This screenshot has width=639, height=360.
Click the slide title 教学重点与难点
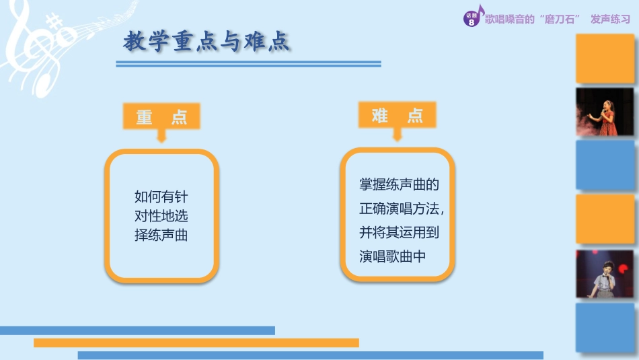pos(206,42)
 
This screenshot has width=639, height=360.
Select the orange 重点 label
pos(161,117)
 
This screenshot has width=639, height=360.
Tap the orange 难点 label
pos(397,115)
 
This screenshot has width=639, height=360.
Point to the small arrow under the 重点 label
pos(161,136)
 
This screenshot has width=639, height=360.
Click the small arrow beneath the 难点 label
pos(397,135)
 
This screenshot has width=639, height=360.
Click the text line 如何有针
pos(161,197)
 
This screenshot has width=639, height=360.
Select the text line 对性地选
pos(161,217)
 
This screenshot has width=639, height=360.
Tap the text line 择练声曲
pos(161,236)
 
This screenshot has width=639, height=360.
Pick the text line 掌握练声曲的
pos(399,184)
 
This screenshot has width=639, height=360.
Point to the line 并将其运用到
pos(399,233)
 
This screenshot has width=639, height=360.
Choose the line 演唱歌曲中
pos(393,256)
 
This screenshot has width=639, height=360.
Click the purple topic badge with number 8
pos(472,19)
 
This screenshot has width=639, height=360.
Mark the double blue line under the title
pos(248,64)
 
